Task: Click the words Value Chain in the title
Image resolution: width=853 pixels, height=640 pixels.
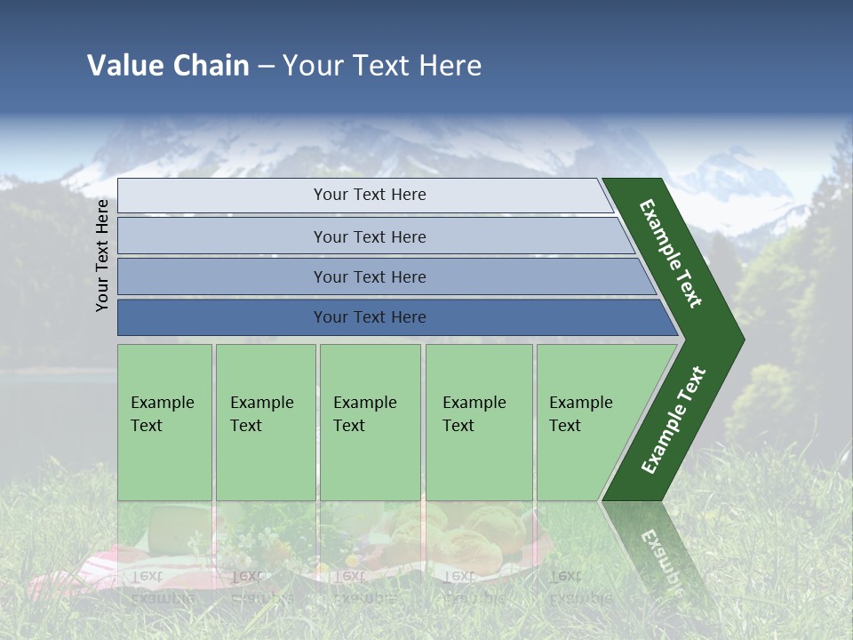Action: pos(168,65)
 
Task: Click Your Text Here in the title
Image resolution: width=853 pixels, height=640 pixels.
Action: pos(382,65)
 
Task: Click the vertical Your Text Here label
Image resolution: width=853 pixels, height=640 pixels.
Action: pos(102,256)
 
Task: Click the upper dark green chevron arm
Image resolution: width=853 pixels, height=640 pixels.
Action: pos(672,252)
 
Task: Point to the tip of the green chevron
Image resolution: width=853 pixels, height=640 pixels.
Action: pos(739,340)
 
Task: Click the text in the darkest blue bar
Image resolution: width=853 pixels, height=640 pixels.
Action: pos(370,317)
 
